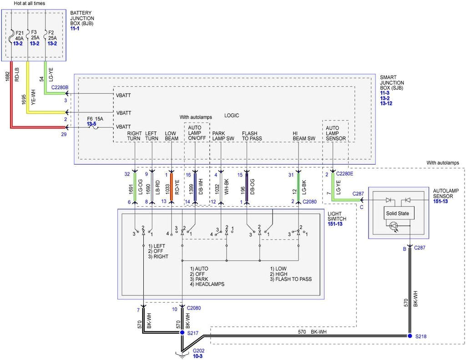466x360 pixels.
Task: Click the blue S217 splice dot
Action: (x=182, y=333)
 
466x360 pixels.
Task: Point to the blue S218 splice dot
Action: (x=410, y=336)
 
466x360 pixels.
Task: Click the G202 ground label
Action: (x=198, y=351)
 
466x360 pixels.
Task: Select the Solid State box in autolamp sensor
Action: (x=397, y=213)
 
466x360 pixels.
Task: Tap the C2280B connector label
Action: (x=60, y=87)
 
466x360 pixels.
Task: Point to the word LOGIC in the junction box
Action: (x=231, y=116)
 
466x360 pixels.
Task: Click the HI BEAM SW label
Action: (x=304, y=136)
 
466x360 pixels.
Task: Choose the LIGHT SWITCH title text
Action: (x=336, y=216)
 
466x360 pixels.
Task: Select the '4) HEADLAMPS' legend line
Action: (x=207, y=284)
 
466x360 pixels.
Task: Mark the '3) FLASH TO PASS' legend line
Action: (x=291, y=279)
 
